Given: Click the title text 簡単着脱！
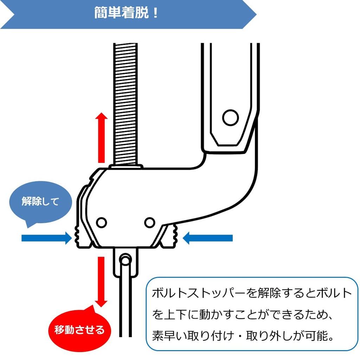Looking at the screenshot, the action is tap(126, 13).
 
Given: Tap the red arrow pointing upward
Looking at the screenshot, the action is tap(101, 137).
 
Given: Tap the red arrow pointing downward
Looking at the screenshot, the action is tap(101, 282).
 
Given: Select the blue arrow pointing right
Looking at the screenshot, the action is tap(47, 238).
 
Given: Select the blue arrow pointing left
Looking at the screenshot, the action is tap(207, 238).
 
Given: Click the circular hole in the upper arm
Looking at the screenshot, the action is tap(230, 117).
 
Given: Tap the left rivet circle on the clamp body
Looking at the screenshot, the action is tap(101, 223).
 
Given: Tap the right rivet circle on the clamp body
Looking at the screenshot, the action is tap(150, 223).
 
